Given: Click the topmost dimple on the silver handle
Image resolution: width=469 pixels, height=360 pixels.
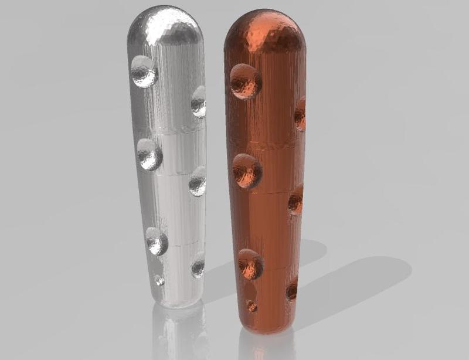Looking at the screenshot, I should [144, 72].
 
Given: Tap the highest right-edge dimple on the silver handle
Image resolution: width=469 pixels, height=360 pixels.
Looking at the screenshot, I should [199, 101].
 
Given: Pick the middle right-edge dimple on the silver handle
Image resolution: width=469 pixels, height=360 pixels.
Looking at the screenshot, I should [198, 182].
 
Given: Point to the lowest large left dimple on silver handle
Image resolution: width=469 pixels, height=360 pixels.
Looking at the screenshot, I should [157, 241].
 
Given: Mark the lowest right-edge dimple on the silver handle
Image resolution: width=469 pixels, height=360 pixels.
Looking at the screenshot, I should [198, 266].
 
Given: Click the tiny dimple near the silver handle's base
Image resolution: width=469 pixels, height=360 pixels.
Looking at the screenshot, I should [159, 280].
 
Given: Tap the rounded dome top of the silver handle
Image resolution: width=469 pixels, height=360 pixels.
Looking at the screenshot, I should [166, 26].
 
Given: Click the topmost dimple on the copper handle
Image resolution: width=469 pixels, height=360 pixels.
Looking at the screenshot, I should [246, 81].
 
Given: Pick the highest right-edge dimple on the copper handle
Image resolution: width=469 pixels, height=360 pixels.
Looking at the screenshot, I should [300, 114].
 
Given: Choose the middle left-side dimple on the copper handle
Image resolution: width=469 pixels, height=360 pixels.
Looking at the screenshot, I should [247, 171].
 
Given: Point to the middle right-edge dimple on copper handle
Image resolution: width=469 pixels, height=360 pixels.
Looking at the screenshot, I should [296, 200].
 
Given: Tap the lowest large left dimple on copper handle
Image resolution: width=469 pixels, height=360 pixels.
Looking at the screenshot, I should [250, 263].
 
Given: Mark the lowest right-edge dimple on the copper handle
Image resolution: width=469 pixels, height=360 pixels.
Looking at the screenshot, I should [292, 290].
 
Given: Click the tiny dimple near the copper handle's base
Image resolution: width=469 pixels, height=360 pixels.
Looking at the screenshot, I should [252, 306].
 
